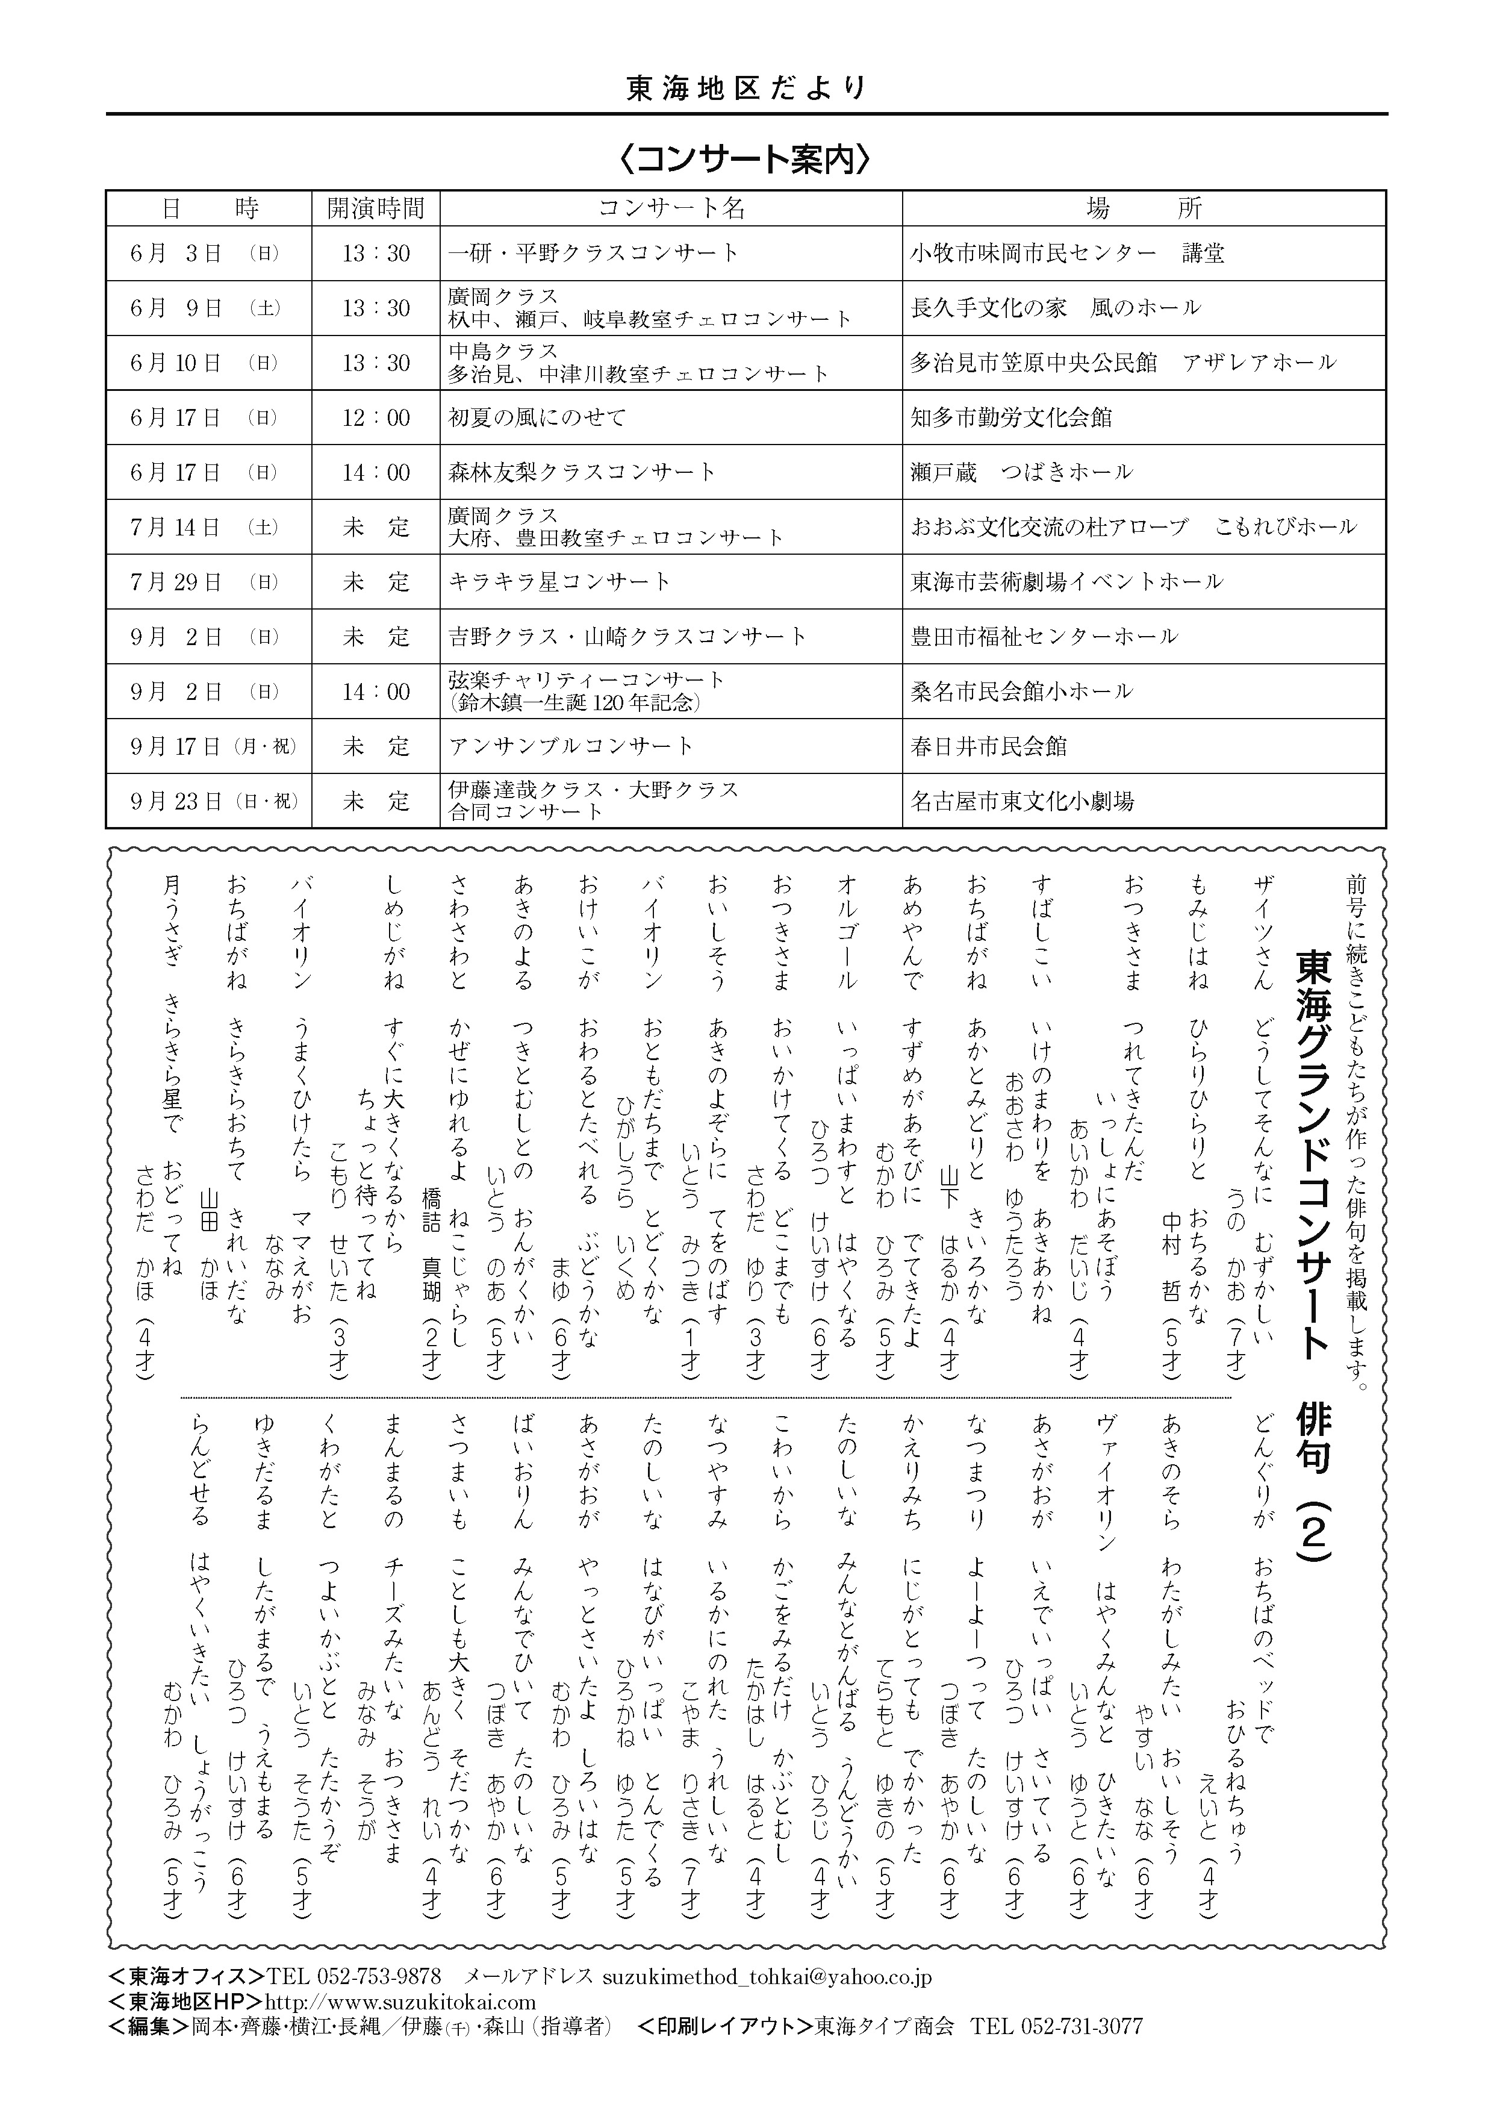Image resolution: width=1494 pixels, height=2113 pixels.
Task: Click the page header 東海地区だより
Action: point(746,89)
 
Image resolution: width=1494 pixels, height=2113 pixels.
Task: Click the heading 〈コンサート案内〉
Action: point(746,159)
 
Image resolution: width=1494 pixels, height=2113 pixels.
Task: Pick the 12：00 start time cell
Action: point(376,418)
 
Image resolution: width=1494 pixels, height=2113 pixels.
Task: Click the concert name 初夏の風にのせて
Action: point(537,418)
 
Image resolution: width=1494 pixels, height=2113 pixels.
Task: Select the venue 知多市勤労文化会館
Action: point(1011,418)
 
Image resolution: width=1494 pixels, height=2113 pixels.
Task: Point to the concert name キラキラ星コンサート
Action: point(559,582)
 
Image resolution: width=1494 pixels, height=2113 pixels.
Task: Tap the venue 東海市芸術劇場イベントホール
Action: point(1066,582)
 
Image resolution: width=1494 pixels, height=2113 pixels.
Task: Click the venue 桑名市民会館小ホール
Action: point(1021,691)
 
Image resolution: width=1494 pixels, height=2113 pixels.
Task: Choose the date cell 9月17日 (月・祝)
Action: point(213,746)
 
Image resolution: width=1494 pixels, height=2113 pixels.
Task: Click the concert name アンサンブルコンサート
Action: point(570,746)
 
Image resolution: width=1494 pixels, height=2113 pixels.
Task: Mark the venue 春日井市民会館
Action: point(989,746)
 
